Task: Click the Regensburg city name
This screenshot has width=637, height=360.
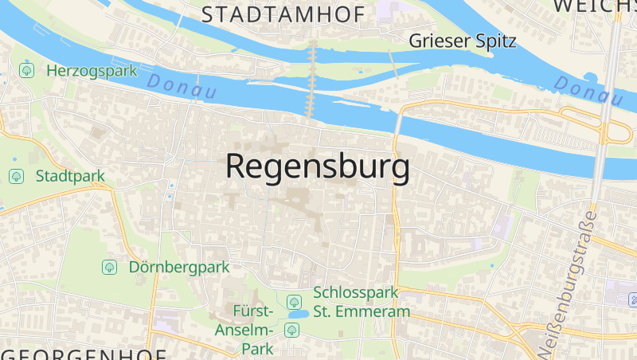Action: [x=318, y=166]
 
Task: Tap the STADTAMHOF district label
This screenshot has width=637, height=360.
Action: [x=283, y=14]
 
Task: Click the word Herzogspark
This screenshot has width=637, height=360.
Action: [x=92, y=70]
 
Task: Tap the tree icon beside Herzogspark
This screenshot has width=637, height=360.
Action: [x=28, y=70]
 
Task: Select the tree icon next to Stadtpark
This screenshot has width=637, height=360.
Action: [x=16, y=176]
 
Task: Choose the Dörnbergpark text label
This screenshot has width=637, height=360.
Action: [x=179, y=267]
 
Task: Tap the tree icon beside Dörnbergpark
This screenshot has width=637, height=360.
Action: [x=109, y=267]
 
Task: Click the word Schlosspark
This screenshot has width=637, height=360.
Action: [x=356, y=293]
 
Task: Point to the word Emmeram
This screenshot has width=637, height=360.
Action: [x=373, y=311]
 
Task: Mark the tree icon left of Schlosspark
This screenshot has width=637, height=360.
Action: [x=294, y=302]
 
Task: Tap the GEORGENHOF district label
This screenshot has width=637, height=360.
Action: [x=83, y=354]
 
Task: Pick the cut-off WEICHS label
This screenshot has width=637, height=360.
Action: [x=595, y=6]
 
